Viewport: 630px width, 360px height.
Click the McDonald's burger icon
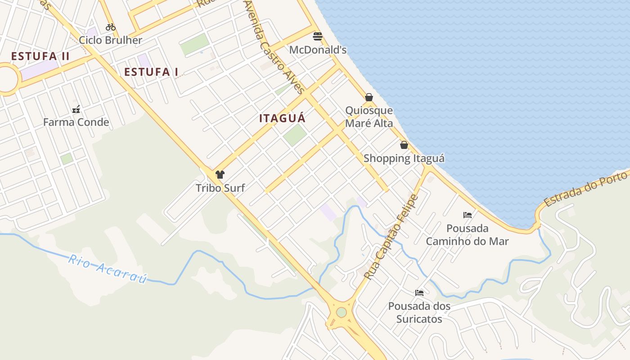click(x=318, y=36)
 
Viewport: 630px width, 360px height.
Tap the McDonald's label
click(x=318, y=49)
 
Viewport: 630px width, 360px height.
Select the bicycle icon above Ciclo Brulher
click(x=111, y=27)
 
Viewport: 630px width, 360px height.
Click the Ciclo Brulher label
click(x=111, y=40)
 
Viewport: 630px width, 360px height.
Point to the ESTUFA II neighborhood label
click(x=40, y=56)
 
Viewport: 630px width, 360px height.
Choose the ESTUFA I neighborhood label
click(x=151, y=72)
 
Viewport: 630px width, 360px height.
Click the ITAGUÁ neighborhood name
click(x=282, y=118)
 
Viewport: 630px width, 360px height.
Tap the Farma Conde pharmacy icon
click(x=76, y=109)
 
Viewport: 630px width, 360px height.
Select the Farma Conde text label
click(x=76, y=122)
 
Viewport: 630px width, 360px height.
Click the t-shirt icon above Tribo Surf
click(x=220, y=175)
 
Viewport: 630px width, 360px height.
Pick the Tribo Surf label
click(x=220, y=188)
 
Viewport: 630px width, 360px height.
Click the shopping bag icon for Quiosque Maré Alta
click(x=369, y=97)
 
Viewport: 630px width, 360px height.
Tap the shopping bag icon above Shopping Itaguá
click(x=404, y=145)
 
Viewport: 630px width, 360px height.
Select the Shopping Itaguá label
click(x=404, y=158)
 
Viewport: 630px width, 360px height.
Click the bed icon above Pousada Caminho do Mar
click(x=468, y=215)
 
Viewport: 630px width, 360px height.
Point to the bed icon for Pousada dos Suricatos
click(x=419, y=292)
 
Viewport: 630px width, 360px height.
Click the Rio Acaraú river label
click(x=108, y=269)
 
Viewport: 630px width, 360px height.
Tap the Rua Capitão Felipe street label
click(x=391, y=237)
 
